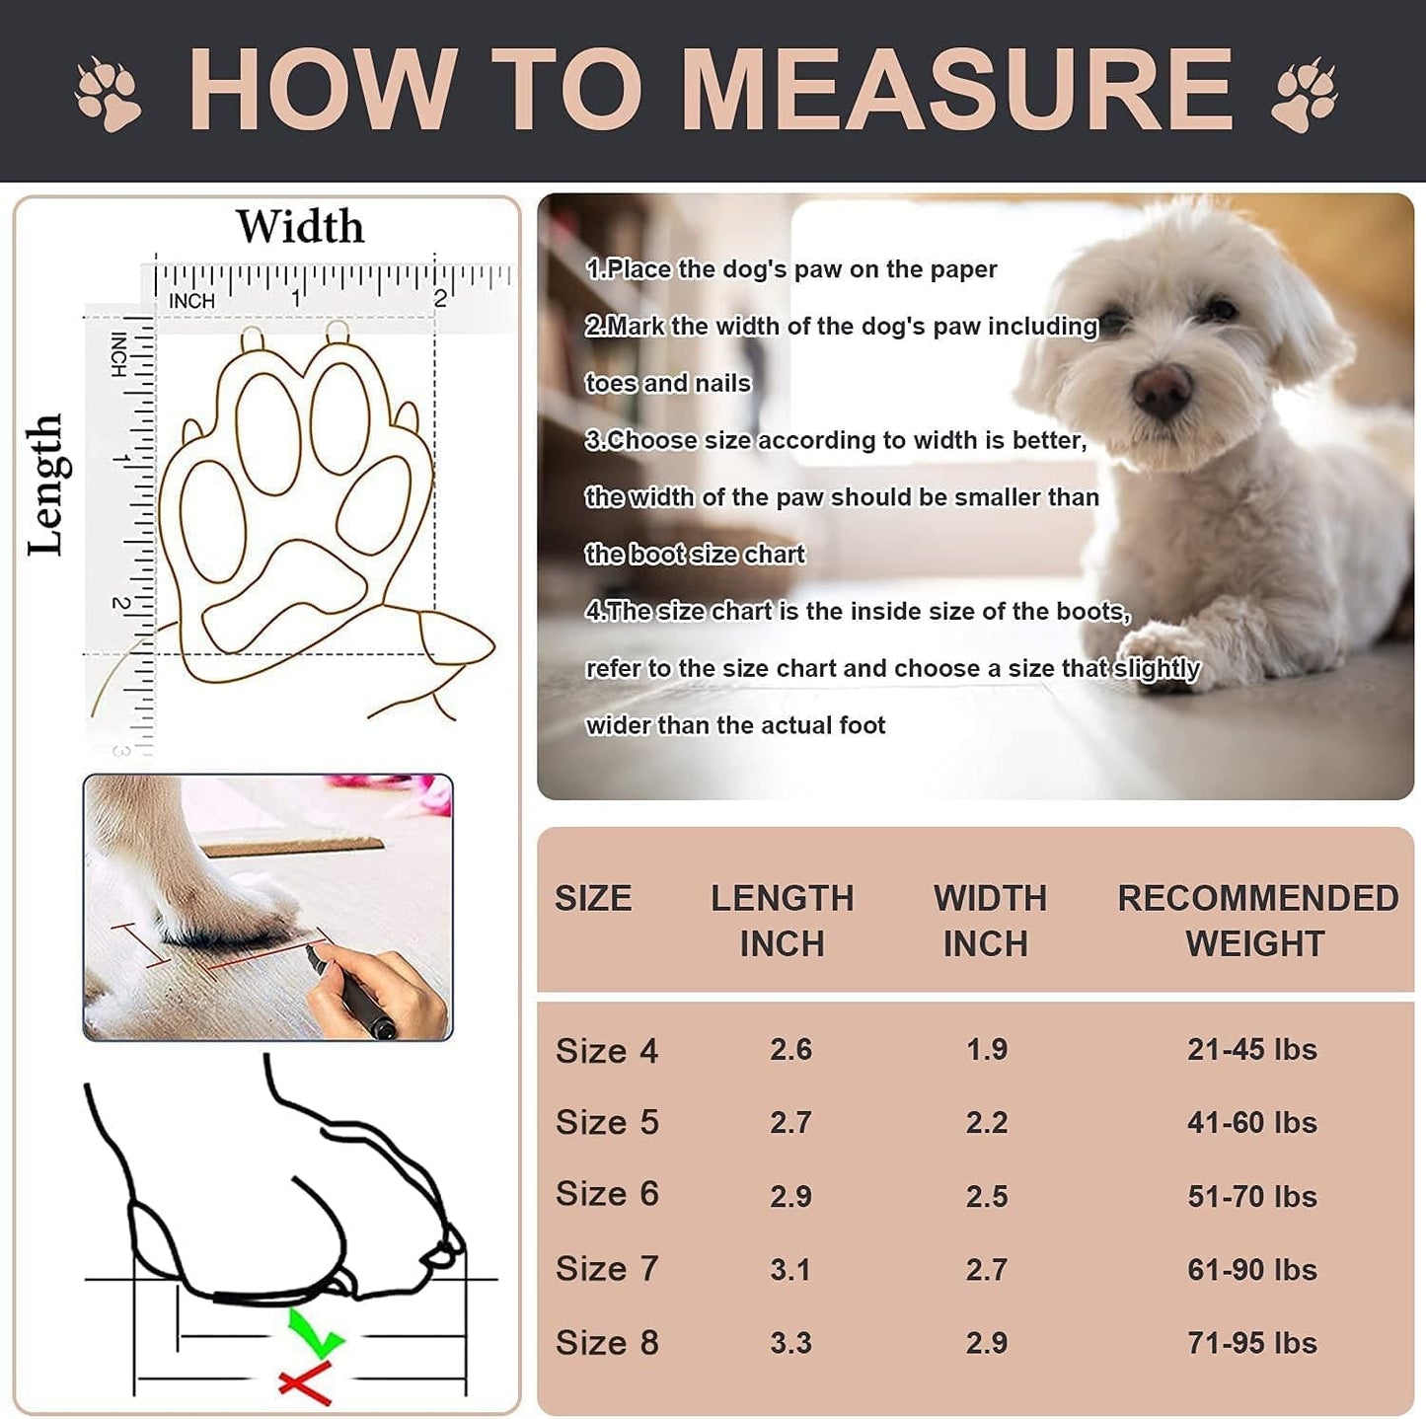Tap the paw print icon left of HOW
[109, 94]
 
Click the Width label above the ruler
[300, 227]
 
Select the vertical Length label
[44, 485]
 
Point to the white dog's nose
[1163, 389]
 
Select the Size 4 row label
[606, 1051]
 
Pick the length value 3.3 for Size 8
[790, 1343]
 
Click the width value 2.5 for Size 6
[987, 1196]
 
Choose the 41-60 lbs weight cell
[1251, 1123]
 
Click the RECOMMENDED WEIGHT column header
[1257, 921]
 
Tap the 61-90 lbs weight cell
[1251, 1269]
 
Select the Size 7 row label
[606, 1269]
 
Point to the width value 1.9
[987, 1049]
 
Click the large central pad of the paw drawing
[286, 592]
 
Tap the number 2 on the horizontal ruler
[440, 298]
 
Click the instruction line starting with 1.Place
[791, 269]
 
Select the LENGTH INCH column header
[782, 921]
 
